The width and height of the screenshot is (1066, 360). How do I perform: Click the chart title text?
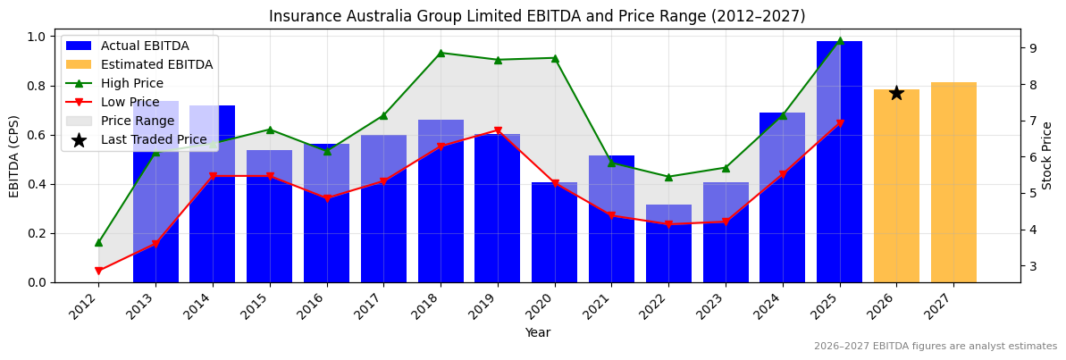(x=537, y=16)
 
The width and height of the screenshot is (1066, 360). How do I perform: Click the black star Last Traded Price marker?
(x=896, y=93)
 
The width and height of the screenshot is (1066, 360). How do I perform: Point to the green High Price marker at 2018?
(x=441, y=53)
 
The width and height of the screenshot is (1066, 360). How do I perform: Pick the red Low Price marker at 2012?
(x=98, y=271)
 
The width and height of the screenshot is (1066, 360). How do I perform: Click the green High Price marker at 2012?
(x=98, y=242)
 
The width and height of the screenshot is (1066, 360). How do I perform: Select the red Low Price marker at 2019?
(x=498, y=131)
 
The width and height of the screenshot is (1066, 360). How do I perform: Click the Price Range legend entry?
(x=137, y=121)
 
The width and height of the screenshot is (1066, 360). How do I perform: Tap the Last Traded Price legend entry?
(x=153, y=139)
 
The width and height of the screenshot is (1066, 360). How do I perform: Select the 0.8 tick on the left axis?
(x=37, y=87)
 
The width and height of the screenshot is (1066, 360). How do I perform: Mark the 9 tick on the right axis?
(x=1032, y=48)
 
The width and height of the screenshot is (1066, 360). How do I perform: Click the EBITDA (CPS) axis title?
(x=14, y=155)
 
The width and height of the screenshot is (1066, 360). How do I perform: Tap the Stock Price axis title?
(x=1047, y=155)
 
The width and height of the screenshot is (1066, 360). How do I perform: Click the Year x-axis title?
(x=537, y=332)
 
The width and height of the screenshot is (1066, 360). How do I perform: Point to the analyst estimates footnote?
(x=935, y=347)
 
